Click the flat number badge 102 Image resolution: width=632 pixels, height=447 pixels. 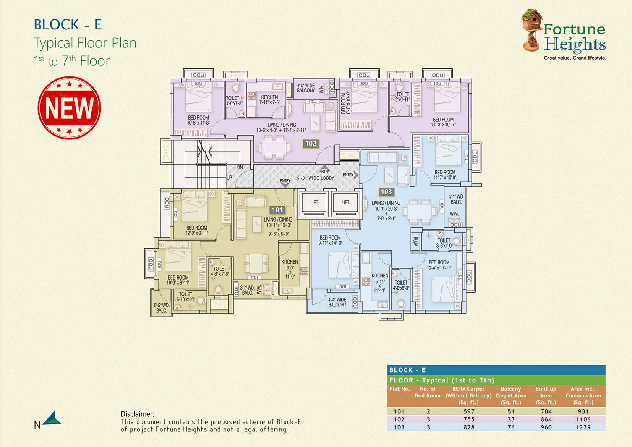click(x=311, y=144)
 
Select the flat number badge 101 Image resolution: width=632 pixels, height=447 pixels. click(x=277, y=210)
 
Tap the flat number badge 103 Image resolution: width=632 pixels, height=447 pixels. click(x=386, y=192)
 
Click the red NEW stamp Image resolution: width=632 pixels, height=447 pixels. click(x=69, y=108)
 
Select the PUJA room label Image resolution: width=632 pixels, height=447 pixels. click(x=415, y=242)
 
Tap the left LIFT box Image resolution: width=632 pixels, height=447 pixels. click(x=314, y=203)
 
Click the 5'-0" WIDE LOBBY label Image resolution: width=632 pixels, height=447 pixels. click(x=316, y=178)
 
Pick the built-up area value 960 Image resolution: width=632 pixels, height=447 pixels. click(x=546, y=427)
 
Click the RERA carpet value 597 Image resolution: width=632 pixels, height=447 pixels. click(x=469, y=412)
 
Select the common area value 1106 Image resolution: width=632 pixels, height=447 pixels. click(x=583, y=419)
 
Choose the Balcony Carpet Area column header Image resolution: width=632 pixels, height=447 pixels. click(x=511, y=395)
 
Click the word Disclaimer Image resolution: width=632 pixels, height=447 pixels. click(x=137, y=414)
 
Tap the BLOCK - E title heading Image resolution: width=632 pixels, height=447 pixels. click(x=68, y=25)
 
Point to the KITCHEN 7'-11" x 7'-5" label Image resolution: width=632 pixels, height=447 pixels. click(x=269, y=100)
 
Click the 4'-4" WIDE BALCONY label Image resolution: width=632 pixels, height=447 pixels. click(x=337, y=302)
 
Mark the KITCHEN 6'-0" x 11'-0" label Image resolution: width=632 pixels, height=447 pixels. click(x=290, y=269)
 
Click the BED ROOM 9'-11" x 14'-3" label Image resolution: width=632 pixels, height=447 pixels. click(x=330, y=240)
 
